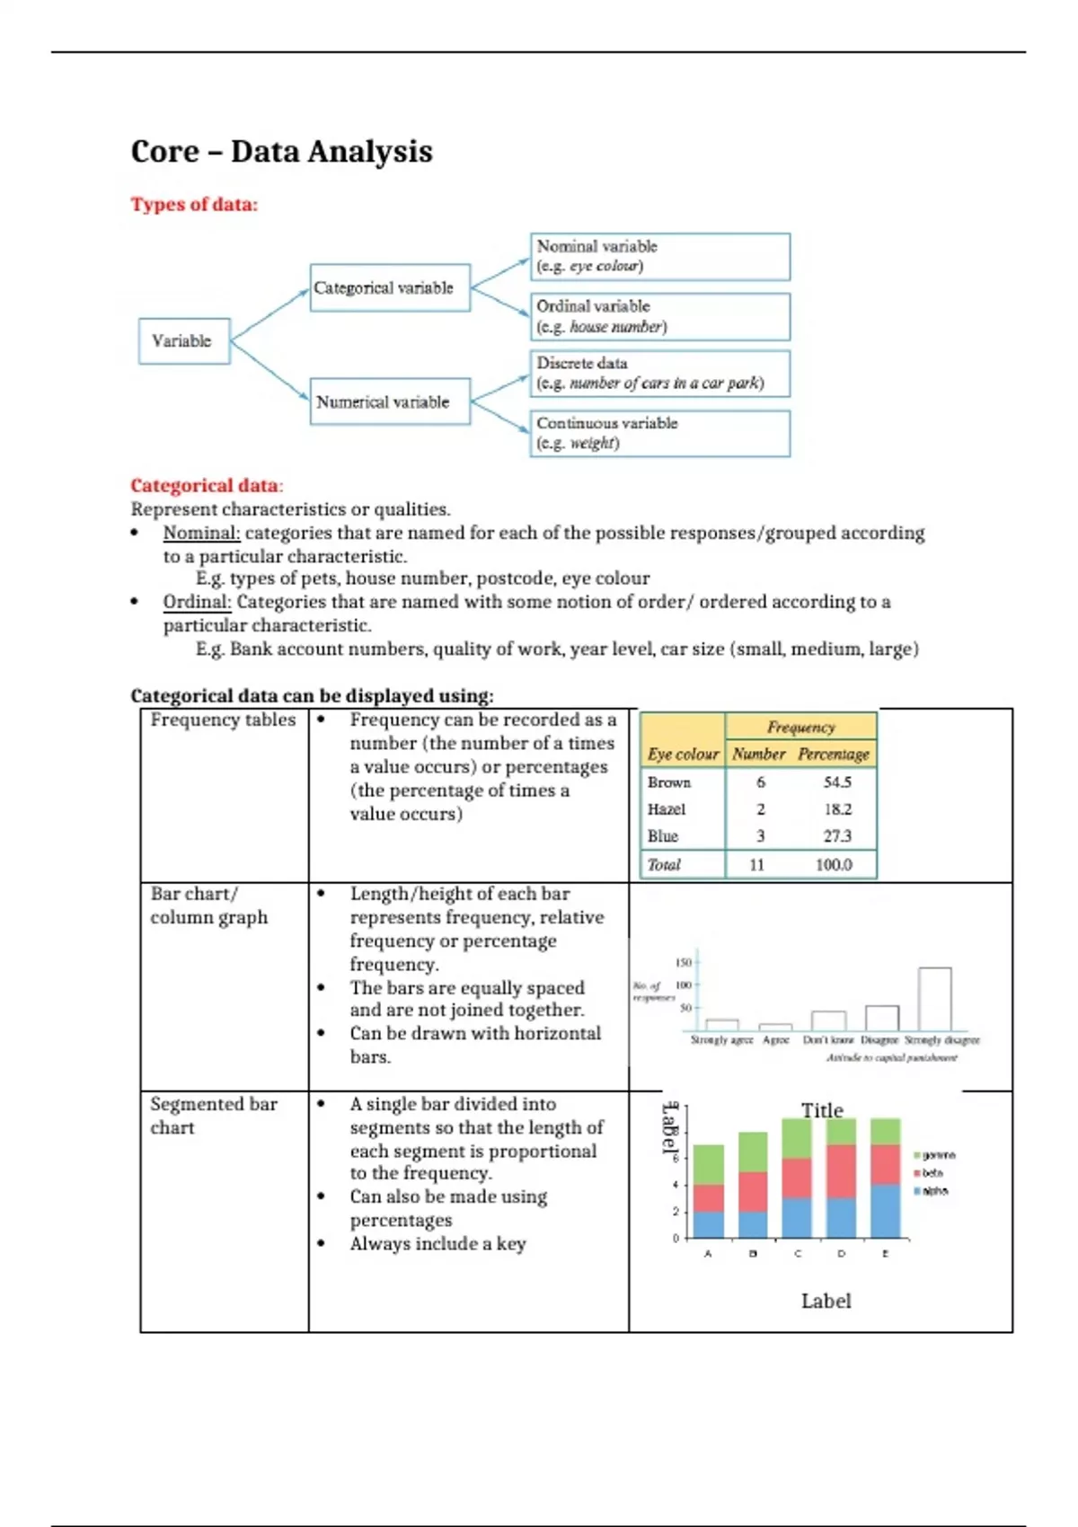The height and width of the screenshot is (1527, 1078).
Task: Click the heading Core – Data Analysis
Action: [281, 151]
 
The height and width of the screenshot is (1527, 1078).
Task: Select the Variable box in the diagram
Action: [183, 341]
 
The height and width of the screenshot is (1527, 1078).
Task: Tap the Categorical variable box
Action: [390, 287]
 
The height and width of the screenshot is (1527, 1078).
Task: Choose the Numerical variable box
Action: [390, 402]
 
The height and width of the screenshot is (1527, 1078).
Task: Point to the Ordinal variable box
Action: [659, 316]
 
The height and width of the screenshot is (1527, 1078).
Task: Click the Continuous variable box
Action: [659, 433]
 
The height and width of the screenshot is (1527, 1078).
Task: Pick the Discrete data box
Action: [659, 373]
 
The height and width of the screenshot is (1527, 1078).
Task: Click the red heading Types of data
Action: [194, 205]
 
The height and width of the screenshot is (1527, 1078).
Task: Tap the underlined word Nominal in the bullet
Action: [200, 533]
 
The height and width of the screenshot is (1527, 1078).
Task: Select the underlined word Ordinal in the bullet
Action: [197, 602]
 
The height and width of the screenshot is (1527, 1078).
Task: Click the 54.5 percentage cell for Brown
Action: [837, 782]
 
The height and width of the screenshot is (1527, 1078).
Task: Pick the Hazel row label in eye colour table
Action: [667, 809]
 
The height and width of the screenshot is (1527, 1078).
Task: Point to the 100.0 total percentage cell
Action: [834, 865]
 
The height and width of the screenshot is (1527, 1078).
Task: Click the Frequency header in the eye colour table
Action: [800, 727]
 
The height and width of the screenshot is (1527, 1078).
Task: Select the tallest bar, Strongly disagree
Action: [934, 999]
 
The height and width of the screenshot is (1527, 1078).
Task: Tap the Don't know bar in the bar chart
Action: [828, 1020]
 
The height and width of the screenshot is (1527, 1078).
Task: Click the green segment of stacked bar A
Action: [709, 1164]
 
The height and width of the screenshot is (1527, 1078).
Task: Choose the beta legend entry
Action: [930, 1173]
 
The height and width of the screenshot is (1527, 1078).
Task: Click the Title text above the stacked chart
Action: [822, 1110]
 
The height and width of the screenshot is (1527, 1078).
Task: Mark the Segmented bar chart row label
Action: [214, 1115]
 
